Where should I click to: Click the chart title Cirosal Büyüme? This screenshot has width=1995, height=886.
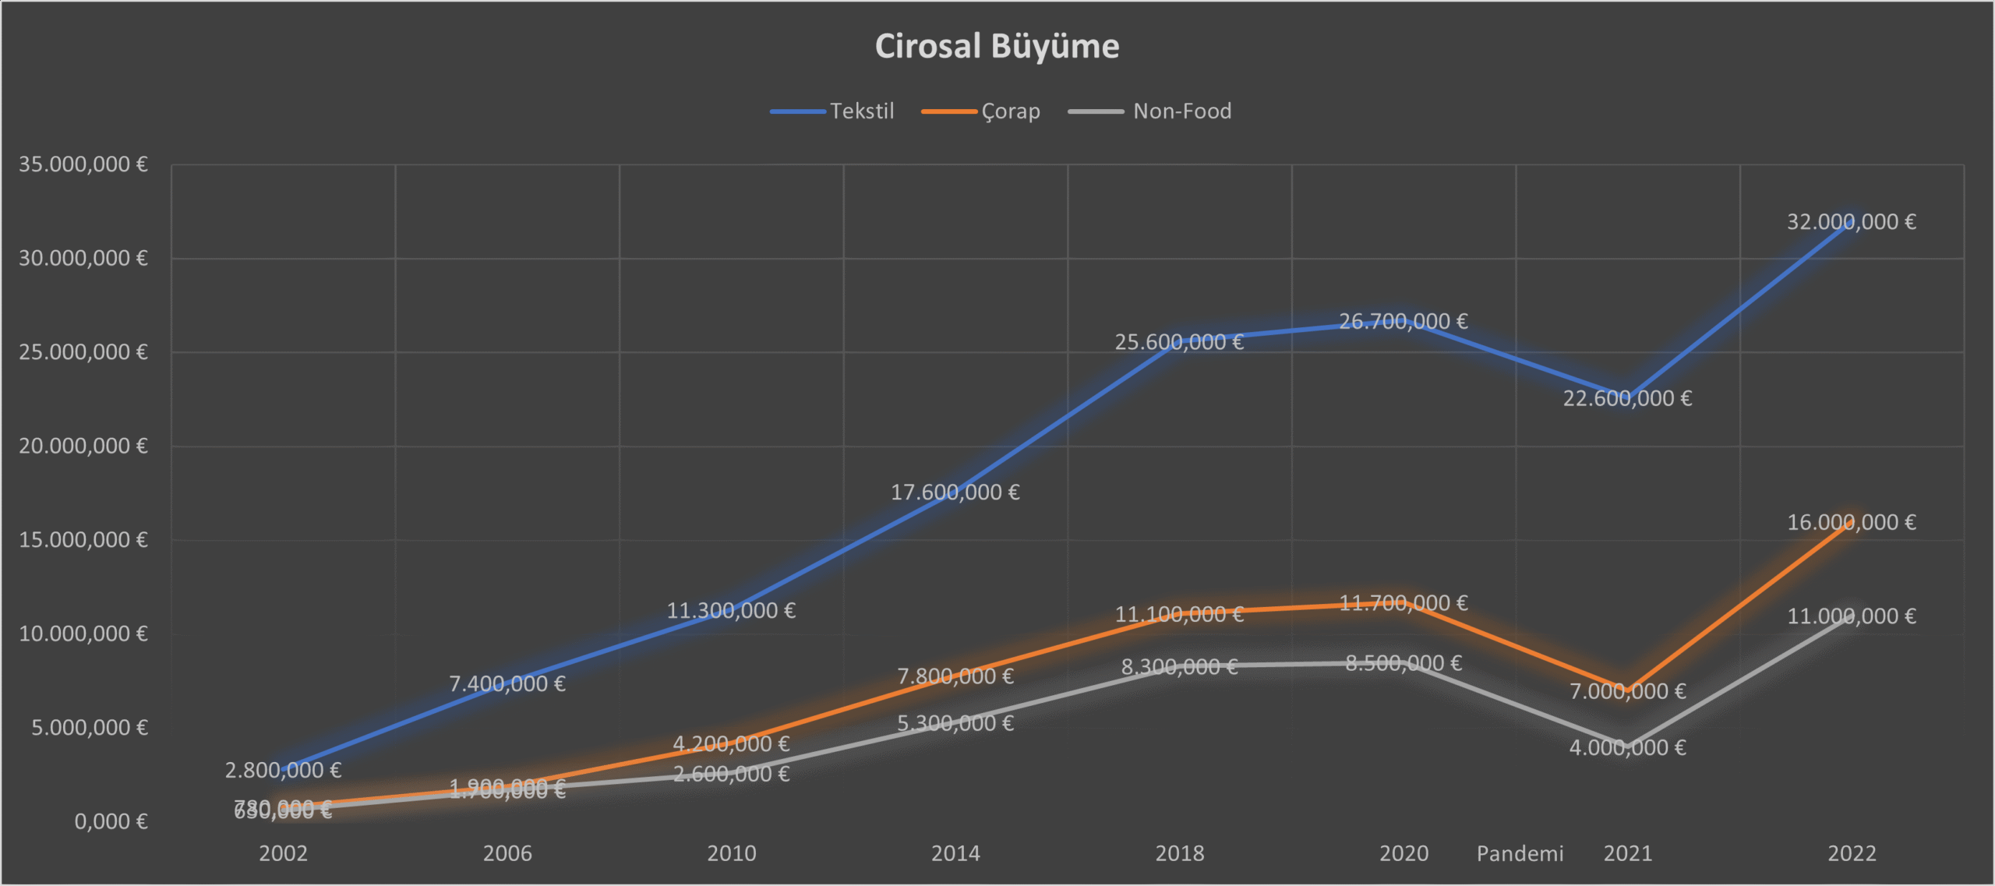[997, 46]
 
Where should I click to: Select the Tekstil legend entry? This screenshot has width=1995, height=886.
[861, 111]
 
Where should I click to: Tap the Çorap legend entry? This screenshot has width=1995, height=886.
[1010, 111]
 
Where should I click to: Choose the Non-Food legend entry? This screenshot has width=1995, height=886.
[1181, 111]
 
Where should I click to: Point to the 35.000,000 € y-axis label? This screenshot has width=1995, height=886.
[83, 164]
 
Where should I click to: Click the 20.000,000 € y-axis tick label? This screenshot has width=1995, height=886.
[83, 447]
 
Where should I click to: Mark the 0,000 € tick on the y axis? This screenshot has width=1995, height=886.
[111, 821]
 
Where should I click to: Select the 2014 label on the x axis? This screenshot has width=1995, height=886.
[955, 853]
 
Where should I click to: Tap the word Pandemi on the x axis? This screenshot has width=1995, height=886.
[1520, 853]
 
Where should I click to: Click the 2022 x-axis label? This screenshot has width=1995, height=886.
[1852, 853]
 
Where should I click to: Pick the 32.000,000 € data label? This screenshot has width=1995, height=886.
[1851, 222]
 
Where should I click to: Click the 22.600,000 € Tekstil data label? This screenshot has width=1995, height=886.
[1627, 399]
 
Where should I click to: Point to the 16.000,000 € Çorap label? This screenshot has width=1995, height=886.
[1851, 522]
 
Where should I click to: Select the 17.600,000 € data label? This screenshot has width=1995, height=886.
[955, 492]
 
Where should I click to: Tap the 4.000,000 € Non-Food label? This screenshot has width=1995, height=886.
[1627, 748]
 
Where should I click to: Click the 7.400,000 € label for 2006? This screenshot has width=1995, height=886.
[507, 684]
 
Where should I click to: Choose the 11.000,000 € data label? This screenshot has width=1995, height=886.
[1851, 616]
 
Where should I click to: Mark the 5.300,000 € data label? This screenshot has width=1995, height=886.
[955, 724]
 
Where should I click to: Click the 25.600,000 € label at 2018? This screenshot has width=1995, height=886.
[1179, 342]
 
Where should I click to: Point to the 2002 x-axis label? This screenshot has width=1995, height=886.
[283, 853]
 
